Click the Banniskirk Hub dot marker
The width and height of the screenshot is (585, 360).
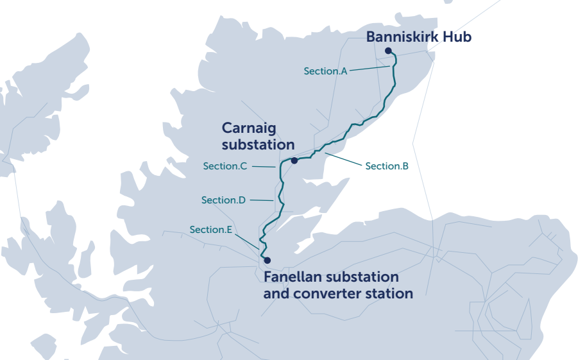coord(388,51)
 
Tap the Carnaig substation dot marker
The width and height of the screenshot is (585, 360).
coord(294,160)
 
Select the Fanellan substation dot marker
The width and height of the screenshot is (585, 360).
coord(267,260)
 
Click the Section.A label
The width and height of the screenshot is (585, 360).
coord(325,71)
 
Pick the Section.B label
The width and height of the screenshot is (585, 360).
coord(387,166)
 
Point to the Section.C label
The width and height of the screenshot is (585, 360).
coord(225,166)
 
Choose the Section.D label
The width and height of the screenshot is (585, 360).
coord(223,200)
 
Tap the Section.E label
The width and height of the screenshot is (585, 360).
coord(210,229)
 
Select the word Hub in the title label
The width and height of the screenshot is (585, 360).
coord(458,37)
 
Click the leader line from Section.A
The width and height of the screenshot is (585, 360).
coord(369,68)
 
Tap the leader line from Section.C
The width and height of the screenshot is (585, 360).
coord(264,166)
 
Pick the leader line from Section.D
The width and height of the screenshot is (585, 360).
coord(262,200)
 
